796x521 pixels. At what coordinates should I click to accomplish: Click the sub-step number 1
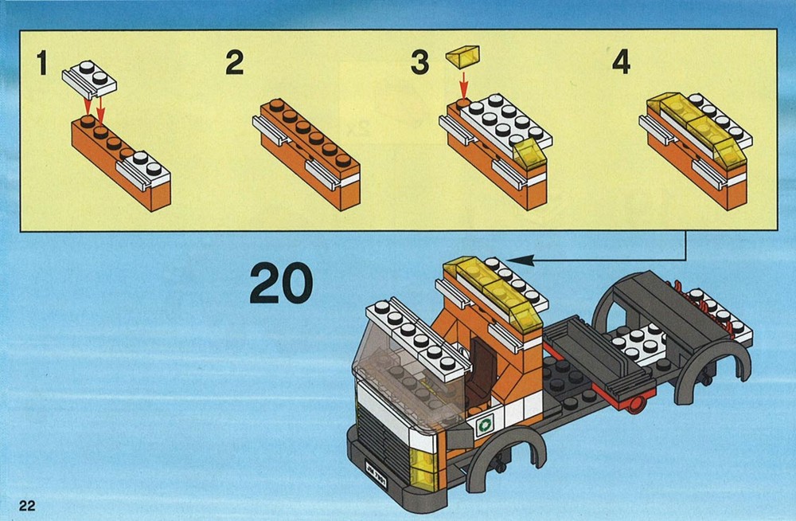(42, 62)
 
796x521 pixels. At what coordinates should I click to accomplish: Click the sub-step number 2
(235, 62)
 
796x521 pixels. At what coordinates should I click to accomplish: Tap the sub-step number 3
(419, 62)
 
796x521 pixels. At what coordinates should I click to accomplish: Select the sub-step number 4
(622, 62)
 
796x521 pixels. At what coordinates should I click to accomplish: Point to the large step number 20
(281, 283)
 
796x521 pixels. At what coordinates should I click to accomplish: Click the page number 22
(27, 505)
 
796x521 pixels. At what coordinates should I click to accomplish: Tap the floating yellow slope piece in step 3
(462, 56)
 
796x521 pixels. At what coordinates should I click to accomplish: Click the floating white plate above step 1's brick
(89, 80)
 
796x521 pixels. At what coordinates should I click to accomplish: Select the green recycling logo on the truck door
(486, 423)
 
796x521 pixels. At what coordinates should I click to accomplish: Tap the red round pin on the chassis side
(634, 405)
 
